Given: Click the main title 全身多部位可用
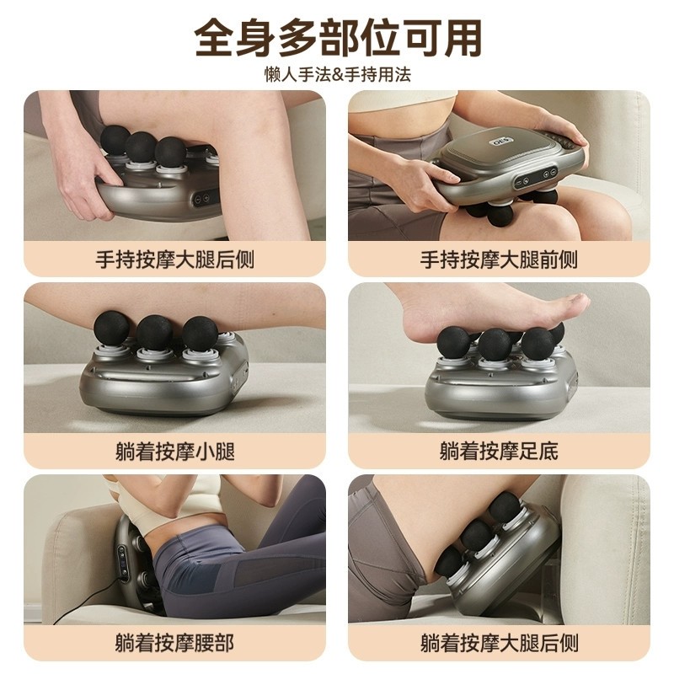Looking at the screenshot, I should point(337,37).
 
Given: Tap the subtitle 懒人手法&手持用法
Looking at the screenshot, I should point(337,74).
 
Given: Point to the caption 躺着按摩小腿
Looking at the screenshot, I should point(174,451).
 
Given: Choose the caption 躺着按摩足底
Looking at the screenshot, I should point(499,451).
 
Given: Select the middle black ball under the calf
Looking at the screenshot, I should point(154,332).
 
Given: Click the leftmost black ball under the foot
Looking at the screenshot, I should point(453,342).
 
